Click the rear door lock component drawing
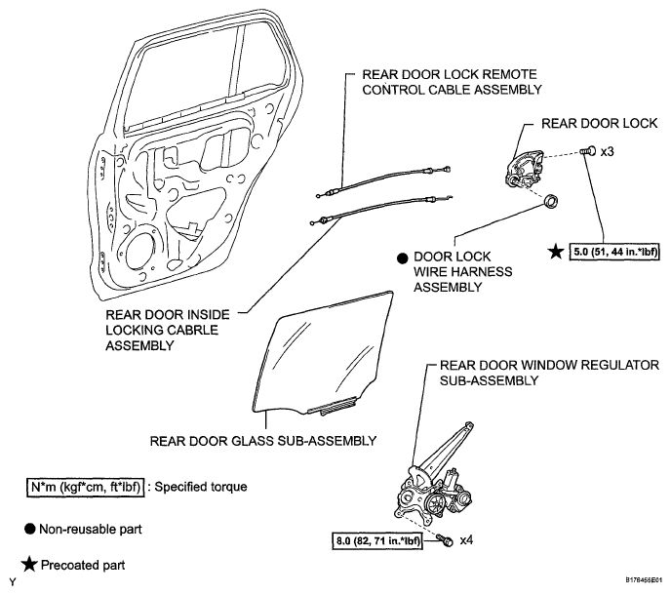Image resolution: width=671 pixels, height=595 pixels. click(525, 168)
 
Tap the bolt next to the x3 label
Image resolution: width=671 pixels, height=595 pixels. click(588, 151)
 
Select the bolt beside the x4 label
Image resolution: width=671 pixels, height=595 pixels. click(444, 540)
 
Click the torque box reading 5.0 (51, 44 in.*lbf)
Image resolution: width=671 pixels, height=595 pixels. click(614, 252)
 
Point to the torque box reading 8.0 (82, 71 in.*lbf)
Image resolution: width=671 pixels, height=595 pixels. click(377, 540)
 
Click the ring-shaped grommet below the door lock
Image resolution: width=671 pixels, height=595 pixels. click(550, 200)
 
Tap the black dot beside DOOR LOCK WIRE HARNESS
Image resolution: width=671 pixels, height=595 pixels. click(402, 258)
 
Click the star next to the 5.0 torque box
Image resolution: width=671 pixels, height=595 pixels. click(556, 252)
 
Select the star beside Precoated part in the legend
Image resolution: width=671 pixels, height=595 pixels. click(29, 565)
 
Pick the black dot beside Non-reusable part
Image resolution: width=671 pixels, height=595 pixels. click(29, 529)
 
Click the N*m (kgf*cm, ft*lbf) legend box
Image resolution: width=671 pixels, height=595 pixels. click(86, 487)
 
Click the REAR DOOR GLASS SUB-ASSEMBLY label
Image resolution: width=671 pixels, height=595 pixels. click(263, 441)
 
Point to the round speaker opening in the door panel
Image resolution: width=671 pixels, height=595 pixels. click(139, 253)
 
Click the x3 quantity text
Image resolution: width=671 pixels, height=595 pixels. click(608, 151)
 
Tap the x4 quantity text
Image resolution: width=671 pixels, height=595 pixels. click(466, 540)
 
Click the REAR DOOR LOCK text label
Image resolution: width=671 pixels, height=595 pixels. click(599, 123)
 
